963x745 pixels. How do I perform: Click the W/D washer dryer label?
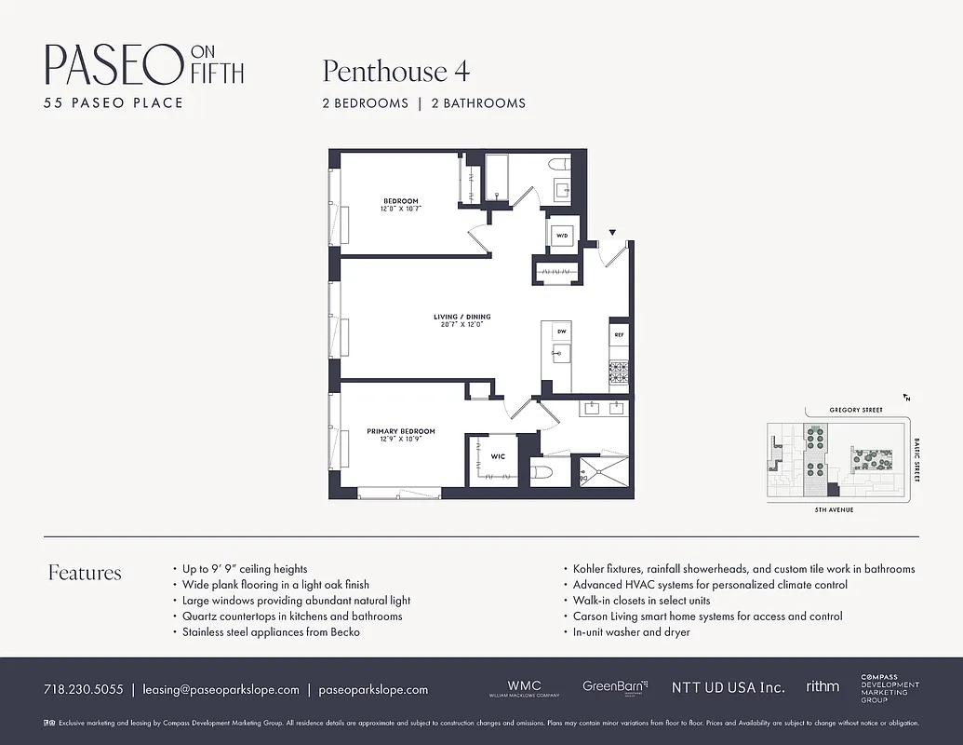pyautogui.click(x=562, y=237)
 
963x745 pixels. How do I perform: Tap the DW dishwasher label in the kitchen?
pyautogui.click(x=562, y=332)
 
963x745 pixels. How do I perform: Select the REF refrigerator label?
pyautogui.click(x=619, y=334)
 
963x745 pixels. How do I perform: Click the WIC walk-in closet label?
pyautogui.click(x=498, y=456)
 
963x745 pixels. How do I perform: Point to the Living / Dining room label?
pyautogui.click(x=461, y=317)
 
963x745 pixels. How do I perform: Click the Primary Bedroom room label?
pyautogui.click(x=400, y=431)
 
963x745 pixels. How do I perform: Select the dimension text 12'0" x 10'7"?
pyautogui.click(x=400, y=210)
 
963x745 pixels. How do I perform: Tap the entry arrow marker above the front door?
pyautogui.click(x=612, y=232)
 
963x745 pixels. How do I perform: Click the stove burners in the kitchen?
pyautogui.click(x=619, y=372)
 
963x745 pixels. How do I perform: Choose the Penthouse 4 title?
pyautogui.click(x=395, y=71)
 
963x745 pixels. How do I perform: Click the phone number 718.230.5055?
pyautogui.click(x=83, y=690)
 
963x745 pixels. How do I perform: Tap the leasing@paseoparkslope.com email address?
pyautogui.click(x=221, y=690)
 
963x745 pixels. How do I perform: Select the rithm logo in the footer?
pyautogui.click(x=822, y=686)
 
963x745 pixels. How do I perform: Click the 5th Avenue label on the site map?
pyautogui.click(x=834, y=509)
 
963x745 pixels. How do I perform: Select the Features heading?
pyautogui.click(x=85, y=573)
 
